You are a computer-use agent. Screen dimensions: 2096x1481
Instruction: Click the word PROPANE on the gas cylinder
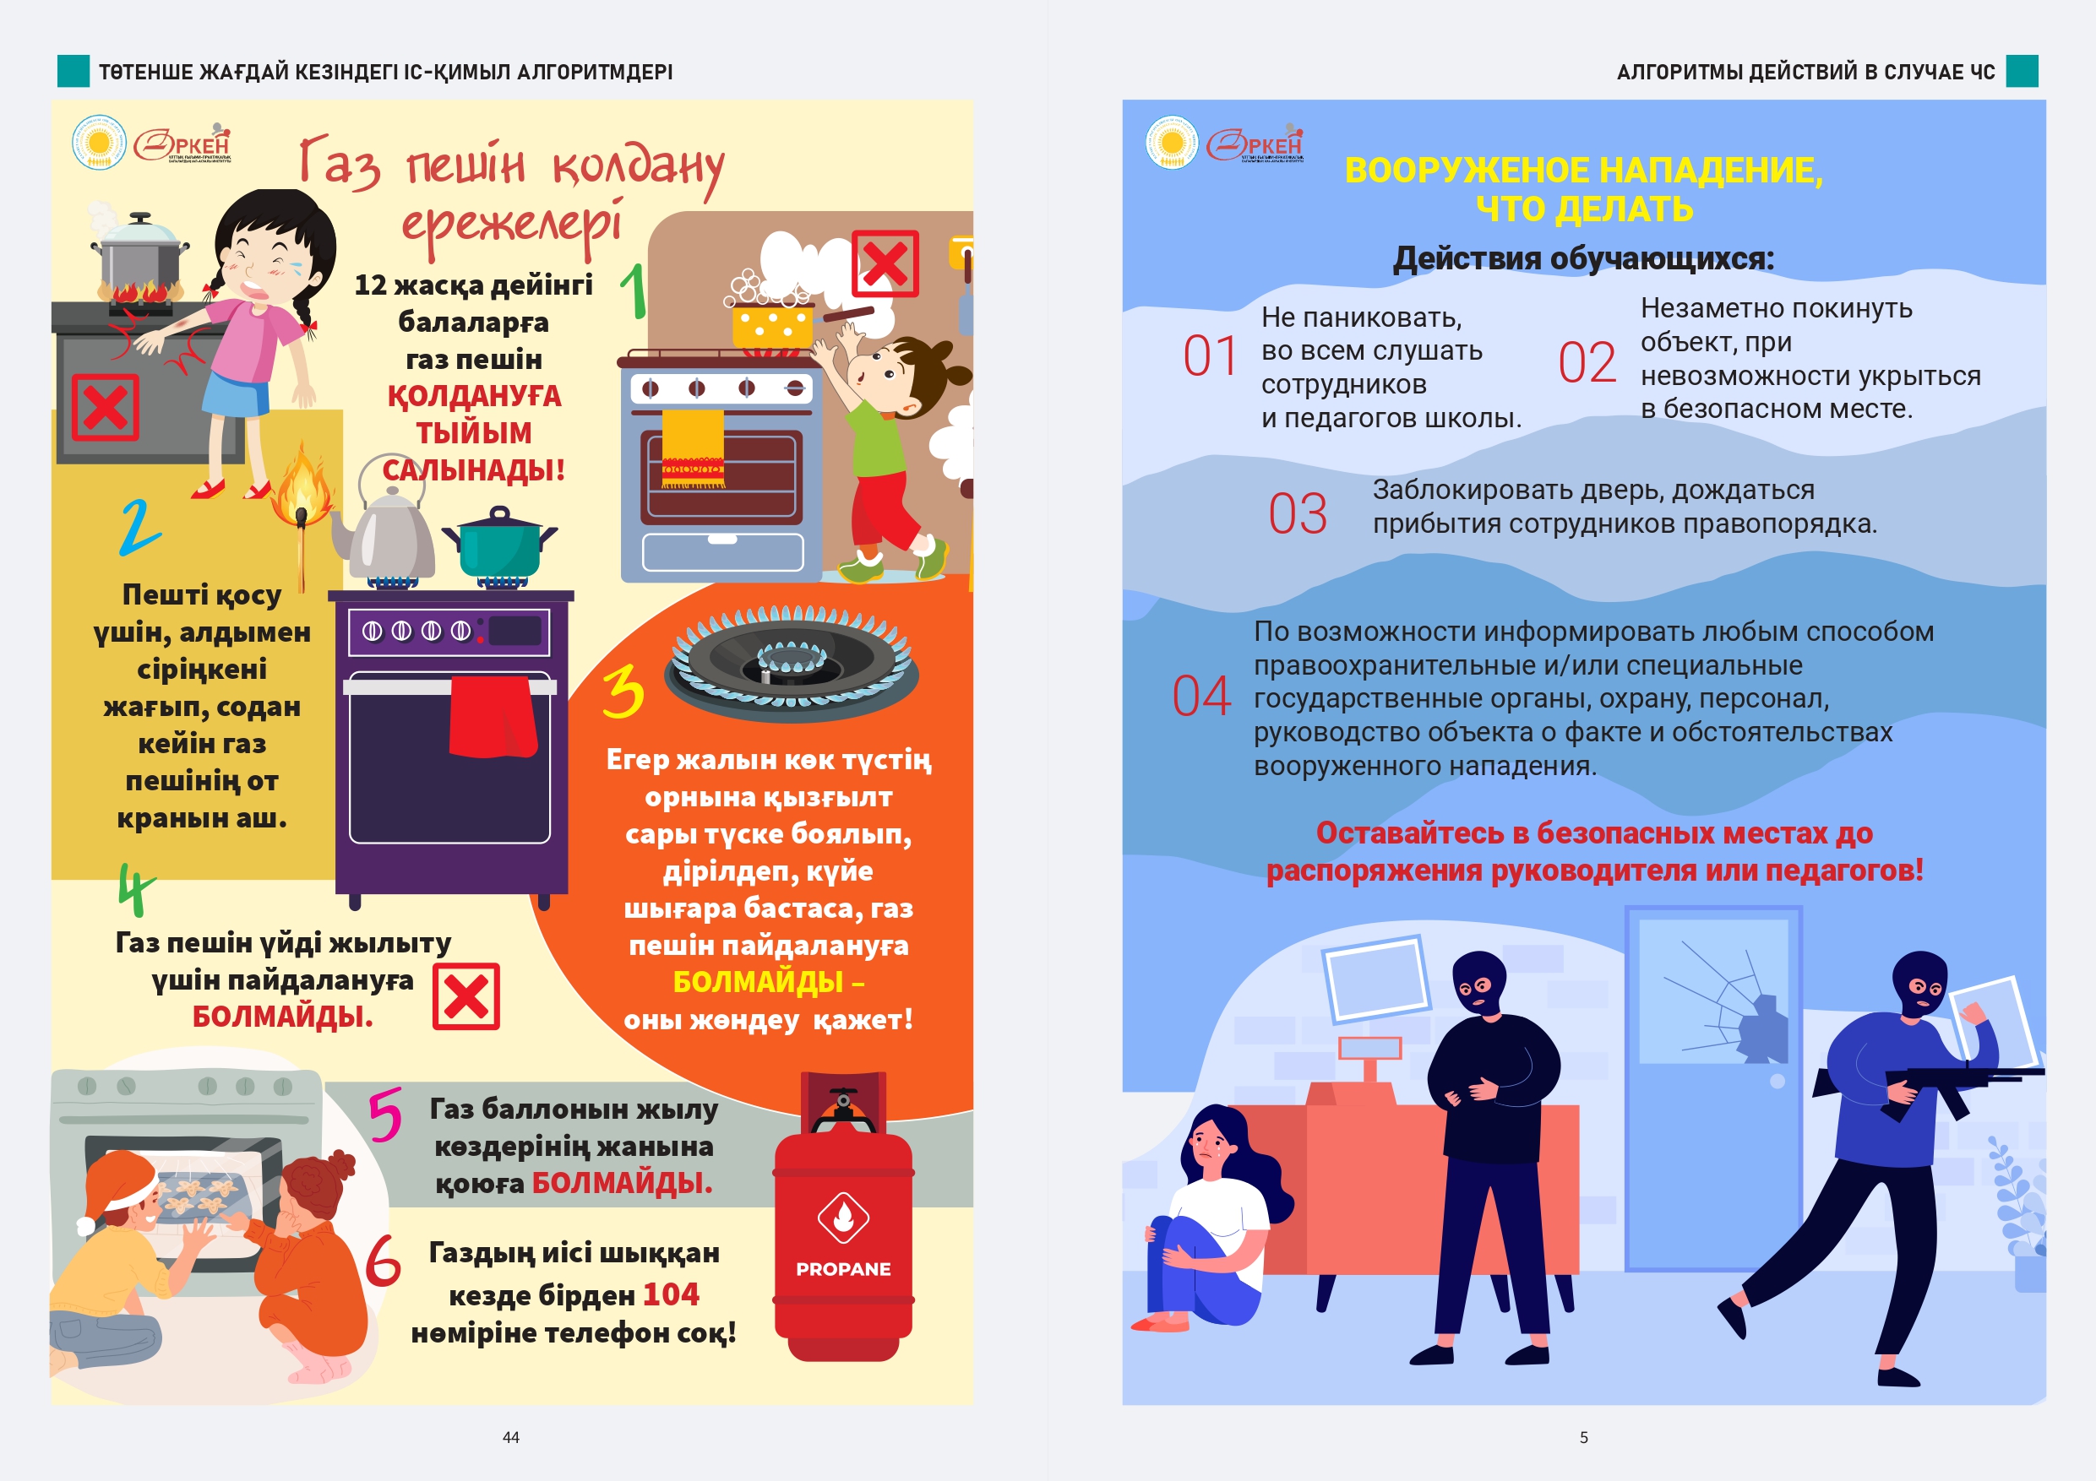coord(842,1268)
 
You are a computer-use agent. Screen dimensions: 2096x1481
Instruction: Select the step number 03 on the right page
coord(1297,513)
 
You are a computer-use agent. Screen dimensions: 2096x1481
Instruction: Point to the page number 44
coord(511,1437)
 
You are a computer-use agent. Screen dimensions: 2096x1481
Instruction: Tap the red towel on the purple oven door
coord(493,716)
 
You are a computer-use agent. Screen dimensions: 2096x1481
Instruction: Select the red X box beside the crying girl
coord(105,407)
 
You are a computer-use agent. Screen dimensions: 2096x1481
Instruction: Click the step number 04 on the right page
coord(1201,697)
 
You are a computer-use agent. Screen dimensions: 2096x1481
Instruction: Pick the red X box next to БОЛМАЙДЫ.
coord(466,996)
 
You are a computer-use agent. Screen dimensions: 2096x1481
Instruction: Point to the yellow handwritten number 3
coord(623,691)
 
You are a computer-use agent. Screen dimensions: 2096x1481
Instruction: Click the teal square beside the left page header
coord(73,71)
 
